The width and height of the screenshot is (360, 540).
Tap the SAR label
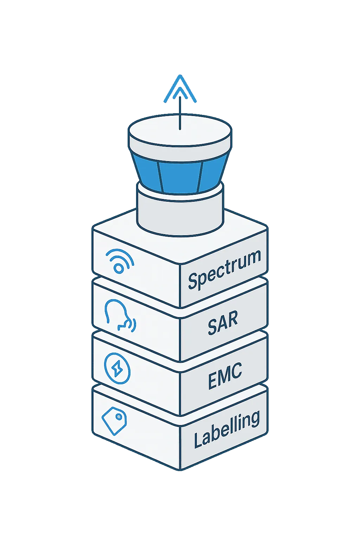pyautogui.click(x=223, y=322)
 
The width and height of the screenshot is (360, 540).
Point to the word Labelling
pyautogui.click(x=227, y=429)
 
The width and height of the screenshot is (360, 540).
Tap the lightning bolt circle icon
pyautogui.click(x=117, y=368)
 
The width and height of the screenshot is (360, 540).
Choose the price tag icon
pyautogui.click(x=114, y=420)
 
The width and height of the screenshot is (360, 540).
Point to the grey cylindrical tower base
pyautogui.click(x=180, y=211)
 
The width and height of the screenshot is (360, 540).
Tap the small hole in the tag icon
pyautogui.click(x=119, y=417)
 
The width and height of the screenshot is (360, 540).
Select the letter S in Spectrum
pyautogui.click(x=193, y=281)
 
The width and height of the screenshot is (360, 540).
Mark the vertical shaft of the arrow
pyautogui.click(x=180, y=112)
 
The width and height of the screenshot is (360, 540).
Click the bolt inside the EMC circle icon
pyautogui.click(x=117, y=368)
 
